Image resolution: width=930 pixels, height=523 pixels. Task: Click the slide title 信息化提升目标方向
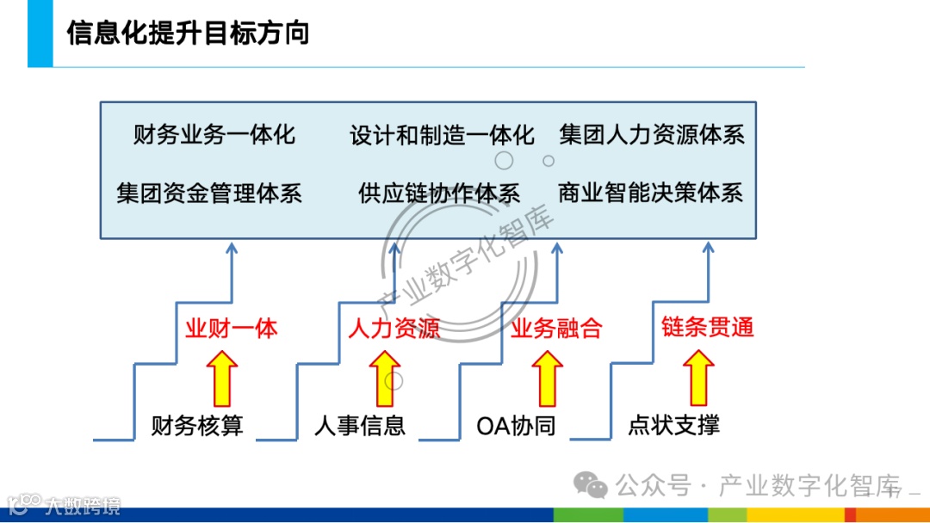[x=188, y=34]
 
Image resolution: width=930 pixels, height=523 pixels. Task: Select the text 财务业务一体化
[x=214, y=135]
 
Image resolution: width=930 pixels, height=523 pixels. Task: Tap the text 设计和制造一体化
[x=442, y=135]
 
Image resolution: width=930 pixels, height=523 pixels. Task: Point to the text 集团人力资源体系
[x=652, y=135]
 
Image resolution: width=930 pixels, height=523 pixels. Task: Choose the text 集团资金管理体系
[x=209, y=192]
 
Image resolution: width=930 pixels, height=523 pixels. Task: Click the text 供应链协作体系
[x=439, y=192]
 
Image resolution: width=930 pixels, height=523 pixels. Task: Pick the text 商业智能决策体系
[x=650, y=192]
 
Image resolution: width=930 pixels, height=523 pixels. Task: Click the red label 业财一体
[x=231, y=329]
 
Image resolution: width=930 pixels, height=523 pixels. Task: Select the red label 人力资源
[x=394, y=329]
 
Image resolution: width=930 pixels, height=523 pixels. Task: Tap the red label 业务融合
[x=556, y=329]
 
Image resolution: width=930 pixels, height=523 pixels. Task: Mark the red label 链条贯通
[x=708, y=327]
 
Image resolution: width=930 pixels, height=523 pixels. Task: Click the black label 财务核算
[x=197, y=425]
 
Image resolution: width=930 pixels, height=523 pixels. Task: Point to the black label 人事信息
[x=359, y=425]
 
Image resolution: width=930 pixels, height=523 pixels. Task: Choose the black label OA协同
[x=516, y=425]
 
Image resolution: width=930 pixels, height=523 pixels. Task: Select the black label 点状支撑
[x=673, y=425]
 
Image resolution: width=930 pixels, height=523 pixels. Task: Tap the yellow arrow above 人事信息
[x=385, y=380]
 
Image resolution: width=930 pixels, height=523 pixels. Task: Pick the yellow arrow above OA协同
[x=547, y=380]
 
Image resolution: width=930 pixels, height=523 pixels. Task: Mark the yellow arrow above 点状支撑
[x=698, y=380]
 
